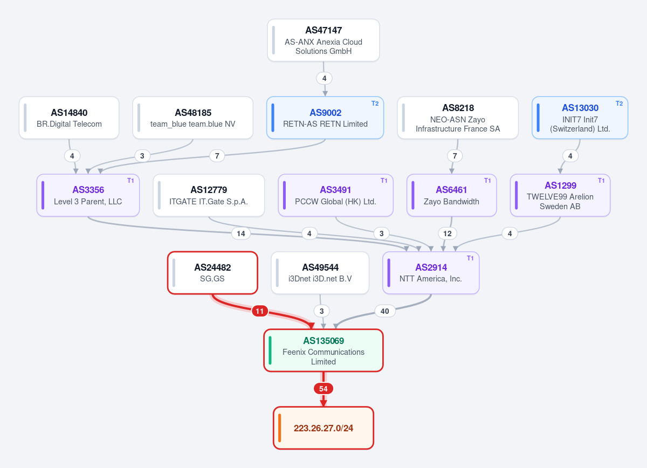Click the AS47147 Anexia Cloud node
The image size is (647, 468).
tap(323, 40)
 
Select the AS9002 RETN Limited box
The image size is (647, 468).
tap(325, 118)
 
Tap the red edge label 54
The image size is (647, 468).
tap(323, 389)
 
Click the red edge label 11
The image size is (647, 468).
tap(260, 311)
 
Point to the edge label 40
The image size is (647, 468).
tap(384, 311)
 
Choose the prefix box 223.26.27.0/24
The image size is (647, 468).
tap(323, 428)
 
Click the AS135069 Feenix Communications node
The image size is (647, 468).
tap(323, 350)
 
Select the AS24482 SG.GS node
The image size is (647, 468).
tap(212, 273)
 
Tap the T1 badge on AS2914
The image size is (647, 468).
tap(470, 258)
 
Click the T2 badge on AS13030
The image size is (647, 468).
tap(619, 104)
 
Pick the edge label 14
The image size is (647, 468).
tap(241, 233)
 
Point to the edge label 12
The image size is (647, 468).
tap(447, 233)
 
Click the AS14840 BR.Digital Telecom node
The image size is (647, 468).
tap(69, 118)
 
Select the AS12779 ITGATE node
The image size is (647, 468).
tap(209, 195)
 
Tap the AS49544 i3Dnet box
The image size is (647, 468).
tap(320, 273)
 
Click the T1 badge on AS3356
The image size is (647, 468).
tap(130, 181)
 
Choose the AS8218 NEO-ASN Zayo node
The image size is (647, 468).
tap(458, 118)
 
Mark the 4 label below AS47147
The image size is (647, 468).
tap(325, 78)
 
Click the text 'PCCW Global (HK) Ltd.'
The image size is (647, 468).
tap(335, 201)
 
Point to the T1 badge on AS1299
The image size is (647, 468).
tap(601, 181)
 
